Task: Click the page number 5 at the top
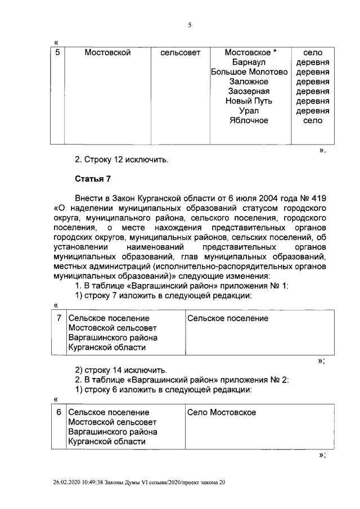pos(190,25)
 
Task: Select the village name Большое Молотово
pos(249,72)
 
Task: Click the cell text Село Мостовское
pos(221,412)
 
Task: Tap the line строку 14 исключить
pos(121,370)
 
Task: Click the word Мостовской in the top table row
pos(107,53)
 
